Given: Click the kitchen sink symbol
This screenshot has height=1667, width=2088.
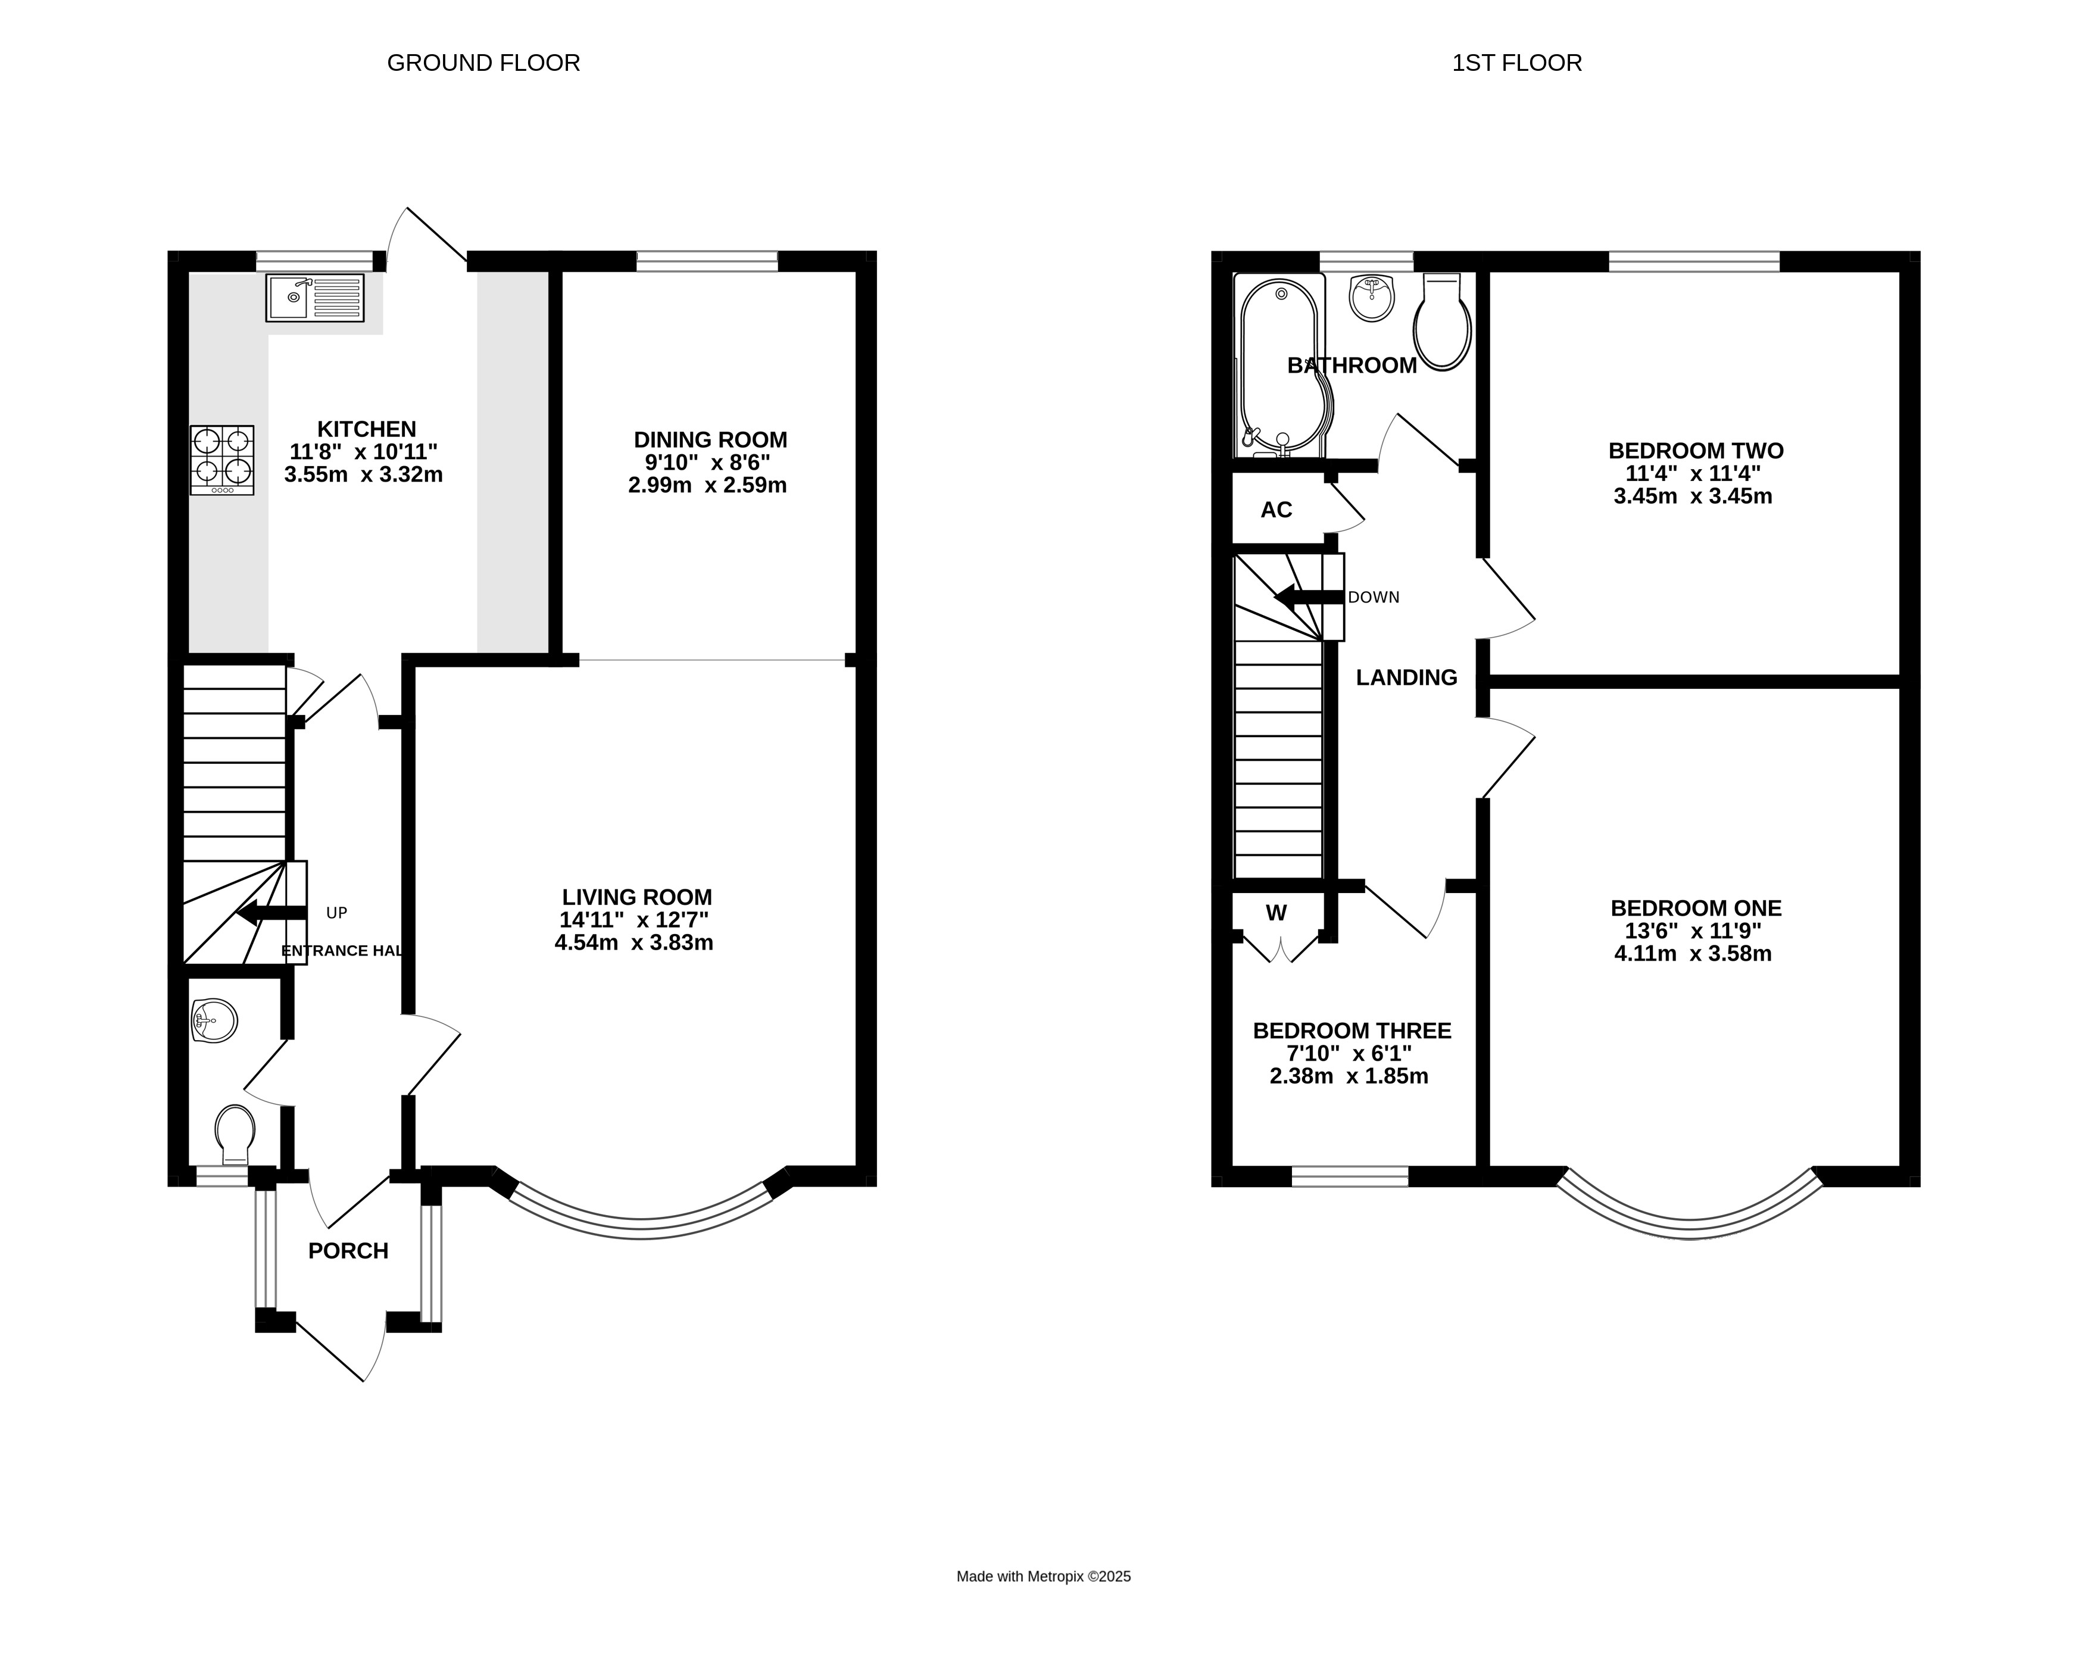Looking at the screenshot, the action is [315, 297].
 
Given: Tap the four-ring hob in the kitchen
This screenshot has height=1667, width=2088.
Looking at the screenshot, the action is [221, 460].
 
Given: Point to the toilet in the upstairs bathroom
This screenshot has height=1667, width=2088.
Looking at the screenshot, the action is [1442, 321].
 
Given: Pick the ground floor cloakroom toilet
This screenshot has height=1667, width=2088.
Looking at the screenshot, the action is [235, 1134].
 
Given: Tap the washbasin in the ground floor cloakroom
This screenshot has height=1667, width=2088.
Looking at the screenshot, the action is [214, 1022].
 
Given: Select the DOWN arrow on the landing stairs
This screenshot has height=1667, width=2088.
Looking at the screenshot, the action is [1309, 597].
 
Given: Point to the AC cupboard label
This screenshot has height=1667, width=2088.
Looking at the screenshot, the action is [1276, 510].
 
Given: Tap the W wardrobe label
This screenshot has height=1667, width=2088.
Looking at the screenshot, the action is [1276, 913].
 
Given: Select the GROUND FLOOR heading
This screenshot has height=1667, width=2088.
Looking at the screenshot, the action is [483, 63].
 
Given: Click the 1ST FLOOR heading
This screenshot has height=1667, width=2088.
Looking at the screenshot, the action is [1516, 63].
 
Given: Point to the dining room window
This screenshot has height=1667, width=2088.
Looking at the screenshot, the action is [707, 261].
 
